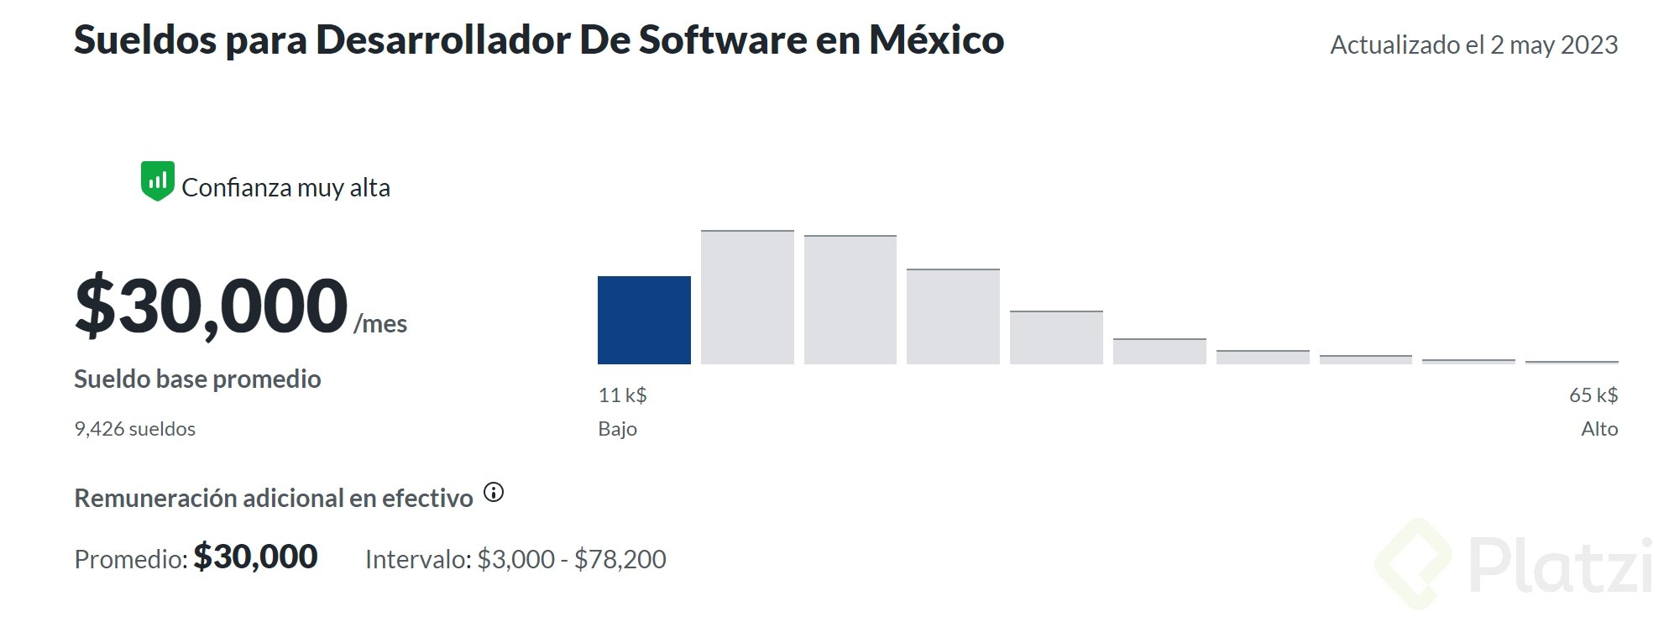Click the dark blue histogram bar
644,320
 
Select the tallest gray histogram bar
747,297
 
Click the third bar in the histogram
850,300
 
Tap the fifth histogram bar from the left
1056,337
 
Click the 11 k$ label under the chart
622,395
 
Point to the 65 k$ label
1593,395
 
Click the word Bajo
617,429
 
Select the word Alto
1598,429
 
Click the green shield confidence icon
157,181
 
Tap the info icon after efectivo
494,493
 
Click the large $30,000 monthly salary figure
211,306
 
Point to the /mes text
380,323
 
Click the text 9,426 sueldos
134,429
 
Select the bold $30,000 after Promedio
255,557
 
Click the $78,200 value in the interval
620,559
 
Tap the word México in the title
936,39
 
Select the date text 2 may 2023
1553,44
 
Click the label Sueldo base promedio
197,379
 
